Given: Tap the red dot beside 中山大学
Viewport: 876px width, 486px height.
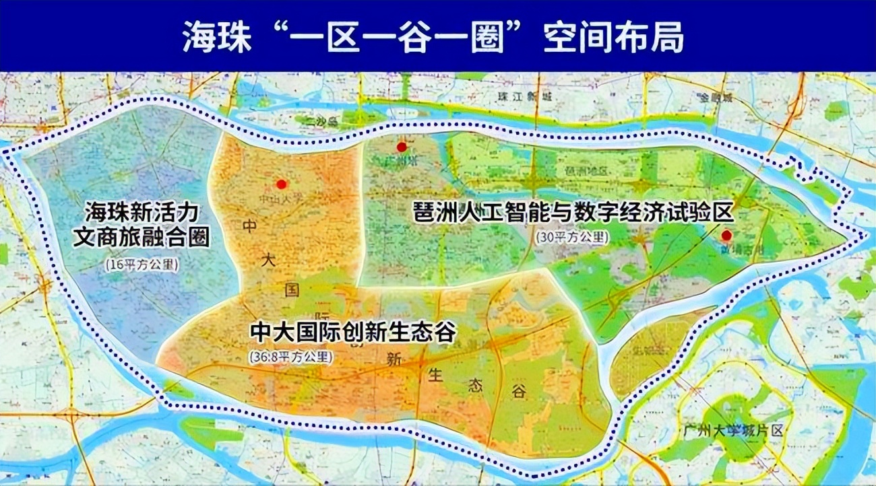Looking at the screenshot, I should point(282,184).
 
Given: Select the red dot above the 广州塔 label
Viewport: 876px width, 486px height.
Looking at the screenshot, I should point(402,147).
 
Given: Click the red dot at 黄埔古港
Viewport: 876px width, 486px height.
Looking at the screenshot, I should point(726,236).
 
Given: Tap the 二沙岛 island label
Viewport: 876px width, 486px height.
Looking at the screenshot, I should point(315,121).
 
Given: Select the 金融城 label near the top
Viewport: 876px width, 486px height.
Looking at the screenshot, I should point(715,98).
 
